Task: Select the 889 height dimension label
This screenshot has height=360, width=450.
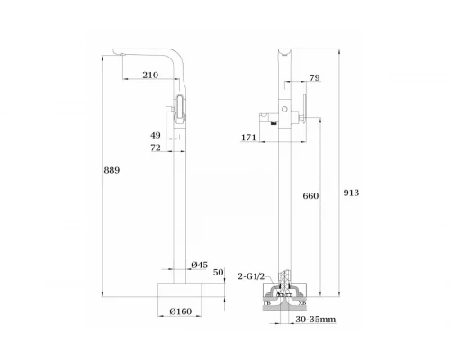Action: click(x=112, y=170)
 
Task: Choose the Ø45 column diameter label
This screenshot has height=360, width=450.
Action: click(x=200, y=265)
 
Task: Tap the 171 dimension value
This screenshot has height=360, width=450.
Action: click(x=249, y=137)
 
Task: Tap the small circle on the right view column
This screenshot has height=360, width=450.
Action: click(x=287, y=108)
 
